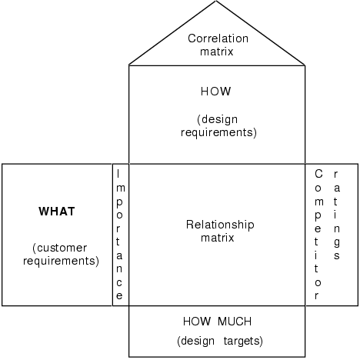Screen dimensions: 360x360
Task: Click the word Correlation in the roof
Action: click(216, 37)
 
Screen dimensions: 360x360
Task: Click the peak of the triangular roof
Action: click(216, 2)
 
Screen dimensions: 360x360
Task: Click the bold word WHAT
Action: click(58, 211)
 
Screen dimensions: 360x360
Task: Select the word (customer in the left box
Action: click(60, 248)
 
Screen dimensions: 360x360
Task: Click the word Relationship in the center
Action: click(220, 225)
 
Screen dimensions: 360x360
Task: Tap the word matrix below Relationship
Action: click(220, 238)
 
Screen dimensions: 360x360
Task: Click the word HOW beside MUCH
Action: click(195, 321)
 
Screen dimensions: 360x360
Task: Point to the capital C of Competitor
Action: click(318, 174)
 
